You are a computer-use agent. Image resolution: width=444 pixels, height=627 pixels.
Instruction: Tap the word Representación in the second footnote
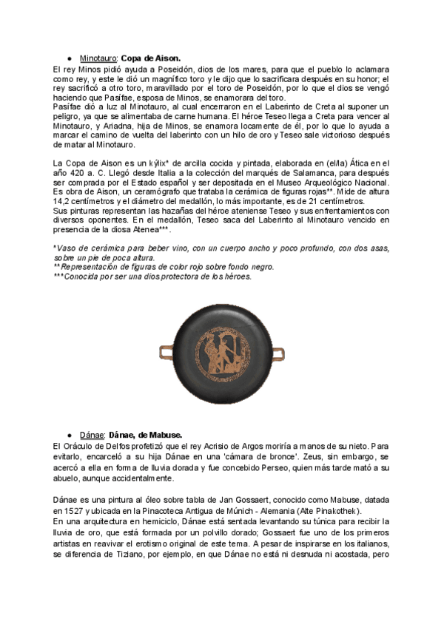[95, 266]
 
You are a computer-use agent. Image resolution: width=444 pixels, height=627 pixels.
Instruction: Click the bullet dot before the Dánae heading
[69, 435]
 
